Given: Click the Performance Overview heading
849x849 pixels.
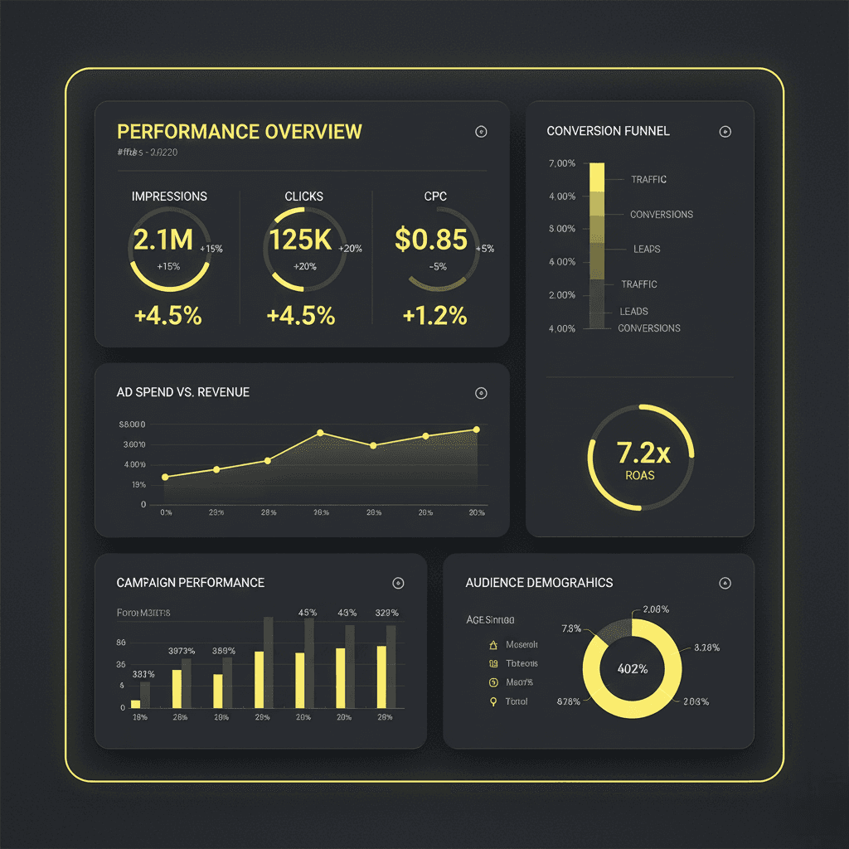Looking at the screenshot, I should pyautogui.click(x=240, y=132).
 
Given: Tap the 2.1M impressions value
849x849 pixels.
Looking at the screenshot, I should pyautogui.click(x=163, y=240).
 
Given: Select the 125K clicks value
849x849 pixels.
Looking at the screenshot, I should pyautogui.click(x=299, y=240).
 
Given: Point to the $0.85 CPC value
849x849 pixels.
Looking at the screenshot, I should pyautogui.click(x=431, y=240).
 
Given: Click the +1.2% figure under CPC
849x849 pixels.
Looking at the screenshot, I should pyautogui.click(x=434, y=316).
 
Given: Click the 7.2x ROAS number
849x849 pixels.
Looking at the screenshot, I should pyautogui.click(x=643, y=453).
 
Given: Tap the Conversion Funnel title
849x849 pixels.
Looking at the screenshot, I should pyautogui.click(x=608, y=131).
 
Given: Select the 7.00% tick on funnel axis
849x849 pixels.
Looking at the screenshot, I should pyautogui.click(x=561, y=163).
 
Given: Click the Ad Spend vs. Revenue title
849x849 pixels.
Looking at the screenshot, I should pyautogui.click(x=183, y=392).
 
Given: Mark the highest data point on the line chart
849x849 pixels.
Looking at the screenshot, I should pyautogui.click(x=477, y=429).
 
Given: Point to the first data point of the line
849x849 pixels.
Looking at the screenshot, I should pyautogui.click(x=165, y=477).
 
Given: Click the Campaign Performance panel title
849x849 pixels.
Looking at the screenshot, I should pyautogui.click(x=191, y=583).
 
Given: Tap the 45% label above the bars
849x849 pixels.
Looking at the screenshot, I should pyautogui.click(x=307, y=613).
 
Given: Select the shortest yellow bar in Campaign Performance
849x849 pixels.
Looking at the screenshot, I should pyautogui.click(x=135, y=704).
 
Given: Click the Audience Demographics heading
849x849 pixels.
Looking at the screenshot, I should pyautogui.click(x=539, y=583).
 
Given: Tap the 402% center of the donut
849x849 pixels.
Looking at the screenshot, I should pyautogui.click(x=632, y=668).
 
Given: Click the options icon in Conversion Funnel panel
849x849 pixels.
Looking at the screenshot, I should pyautogui.click(x=725, y=132).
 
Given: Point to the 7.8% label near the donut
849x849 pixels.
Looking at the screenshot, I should pyautogui.click(x=571, y=628).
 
